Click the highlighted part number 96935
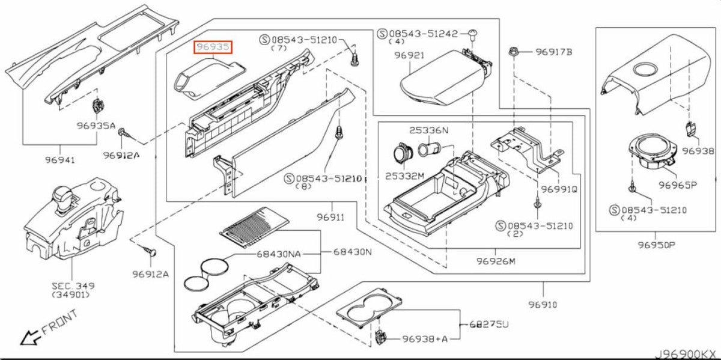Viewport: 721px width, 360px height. [213, 47]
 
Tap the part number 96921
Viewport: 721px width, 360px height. [409, 55]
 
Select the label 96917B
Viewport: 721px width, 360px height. [554, 52]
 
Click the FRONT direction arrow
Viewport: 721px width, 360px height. [30, 337]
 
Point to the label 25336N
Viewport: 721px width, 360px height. [429, 130]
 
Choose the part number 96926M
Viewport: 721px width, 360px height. [496, 261]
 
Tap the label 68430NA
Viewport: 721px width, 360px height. [278, 254]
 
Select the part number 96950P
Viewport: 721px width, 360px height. [657, 245]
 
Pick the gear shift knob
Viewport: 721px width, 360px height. [64, 197]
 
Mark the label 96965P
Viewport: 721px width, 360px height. [678, 185]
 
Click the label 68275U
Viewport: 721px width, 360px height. [489, 325]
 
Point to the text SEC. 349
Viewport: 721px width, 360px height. [73, 286]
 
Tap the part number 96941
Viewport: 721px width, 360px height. [60, 160]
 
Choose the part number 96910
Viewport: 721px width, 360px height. [543, 304]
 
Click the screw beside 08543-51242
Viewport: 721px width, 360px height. [472, 35]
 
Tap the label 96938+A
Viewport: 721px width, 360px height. [425, 339]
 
